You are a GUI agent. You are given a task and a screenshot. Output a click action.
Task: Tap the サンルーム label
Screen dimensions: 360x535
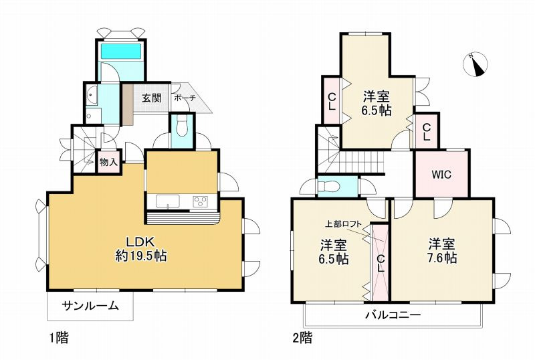[x=90, y=306]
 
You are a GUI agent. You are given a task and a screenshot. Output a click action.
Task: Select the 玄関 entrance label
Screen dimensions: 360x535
[x=151, y=98]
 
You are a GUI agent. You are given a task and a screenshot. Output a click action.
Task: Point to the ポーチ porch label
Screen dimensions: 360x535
[x=184, y=98]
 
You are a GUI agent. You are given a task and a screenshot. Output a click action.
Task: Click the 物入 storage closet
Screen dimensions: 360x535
[x=108, y=161]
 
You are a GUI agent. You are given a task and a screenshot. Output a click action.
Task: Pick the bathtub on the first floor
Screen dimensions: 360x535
[x=120, y=51]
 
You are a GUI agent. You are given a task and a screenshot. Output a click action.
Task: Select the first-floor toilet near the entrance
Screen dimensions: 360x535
[x=181, y=126]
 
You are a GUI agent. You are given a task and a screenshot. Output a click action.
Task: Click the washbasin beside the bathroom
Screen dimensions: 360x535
[x=92, y=96]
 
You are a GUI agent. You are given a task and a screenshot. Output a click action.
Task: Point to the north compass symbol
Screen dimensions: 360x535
[x=475, y=64]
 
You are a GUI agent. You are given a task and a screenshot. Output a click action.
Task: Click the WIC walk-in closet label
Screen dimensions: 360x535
[x=441, y=175]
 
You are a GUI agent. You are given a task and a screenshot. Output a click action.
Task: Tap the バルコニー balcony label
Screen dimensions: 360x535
[x=393, y=314]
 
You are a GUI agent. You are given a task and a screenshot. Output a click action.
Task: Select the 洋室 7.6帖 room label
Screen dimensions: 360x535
[x=442, y=250]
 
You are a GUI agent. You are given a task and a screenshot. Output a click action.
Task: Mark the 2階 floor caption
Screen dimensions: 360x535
[x=302, y=338]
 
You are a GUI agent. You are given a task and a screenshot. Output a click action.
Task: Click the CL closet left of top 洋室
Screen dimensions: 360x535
[x=332, y=101]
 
